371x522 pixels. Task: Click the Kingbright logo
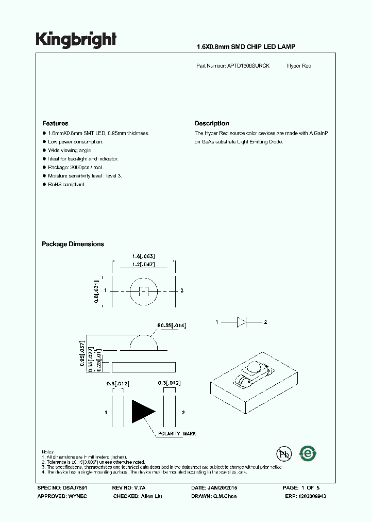click(76, 40)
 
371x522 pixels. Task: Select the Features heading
click(55, 123)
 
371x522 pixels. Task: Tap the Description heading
click(212, 123)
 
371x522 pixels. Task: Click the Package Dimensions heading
click(73, 244)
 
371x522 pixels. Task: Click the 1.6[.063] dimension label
click(144, 256)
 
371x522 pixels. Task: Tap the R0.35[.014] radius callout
click(172, 325)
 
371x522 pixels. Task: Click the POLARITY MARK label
click(177, 434)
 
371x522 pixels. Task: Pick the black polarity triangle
click(143, 411)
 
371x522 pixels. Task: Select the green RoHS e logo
click(308, 453)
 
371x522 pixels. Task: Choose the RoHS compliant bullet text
click(67, 185)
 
